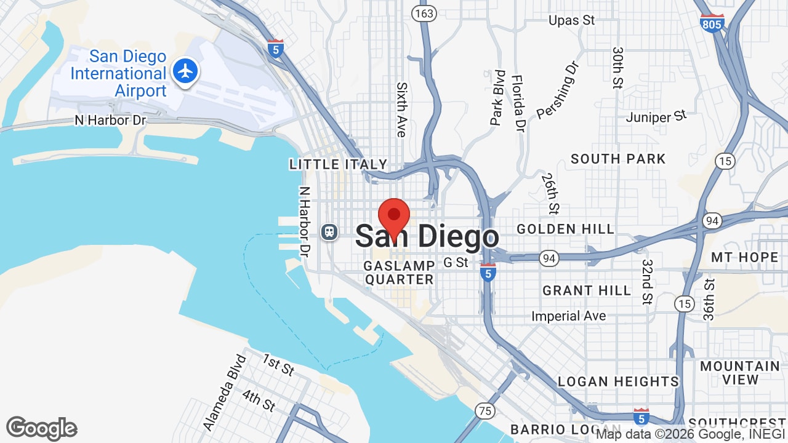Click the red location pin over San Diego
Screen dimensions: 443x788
[x=394, y=217]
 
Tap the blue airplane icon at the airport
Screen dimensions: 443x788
[x=185, y=71]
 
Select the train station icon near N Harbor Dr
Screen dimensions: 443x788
[x=330, y=231]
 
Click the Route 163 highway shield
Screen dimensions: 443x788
[x=424, y=14]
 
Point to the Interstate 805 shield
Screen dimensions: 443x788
[x=712, y=23]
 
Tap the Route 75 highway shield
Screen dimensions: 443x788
[x=485, y=411]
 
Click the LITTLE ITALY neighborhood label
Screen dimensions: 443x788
[x=339, y=164]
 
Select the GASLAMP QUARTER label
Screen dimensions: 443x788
[x=399, y=273]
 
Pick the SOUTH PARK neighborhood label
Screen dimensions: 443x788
[x=618, y=159]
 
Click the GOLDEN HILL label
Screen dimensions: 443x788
[x=565, y=229]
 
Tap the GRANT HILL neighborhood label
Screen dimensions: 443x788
[x=587, y=290]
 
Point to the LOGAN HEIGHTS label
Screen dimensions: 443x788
[x=618, y=381]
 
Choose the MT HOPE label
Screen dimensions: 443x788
[x=744, y=257]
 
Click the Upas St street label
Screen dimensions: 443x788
[x=571, y=20]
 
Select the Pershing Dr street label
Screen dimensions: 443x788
[x=558, y=89]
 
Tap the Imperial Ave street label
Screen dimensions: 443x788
[x=569, y=316]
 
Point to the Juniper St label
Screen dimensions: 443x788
[x=656, y=116]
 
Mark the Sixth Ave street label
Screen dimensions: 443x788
[x=402, y=110]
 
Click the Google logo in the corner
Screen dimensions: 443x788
[x=42, y=428]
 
